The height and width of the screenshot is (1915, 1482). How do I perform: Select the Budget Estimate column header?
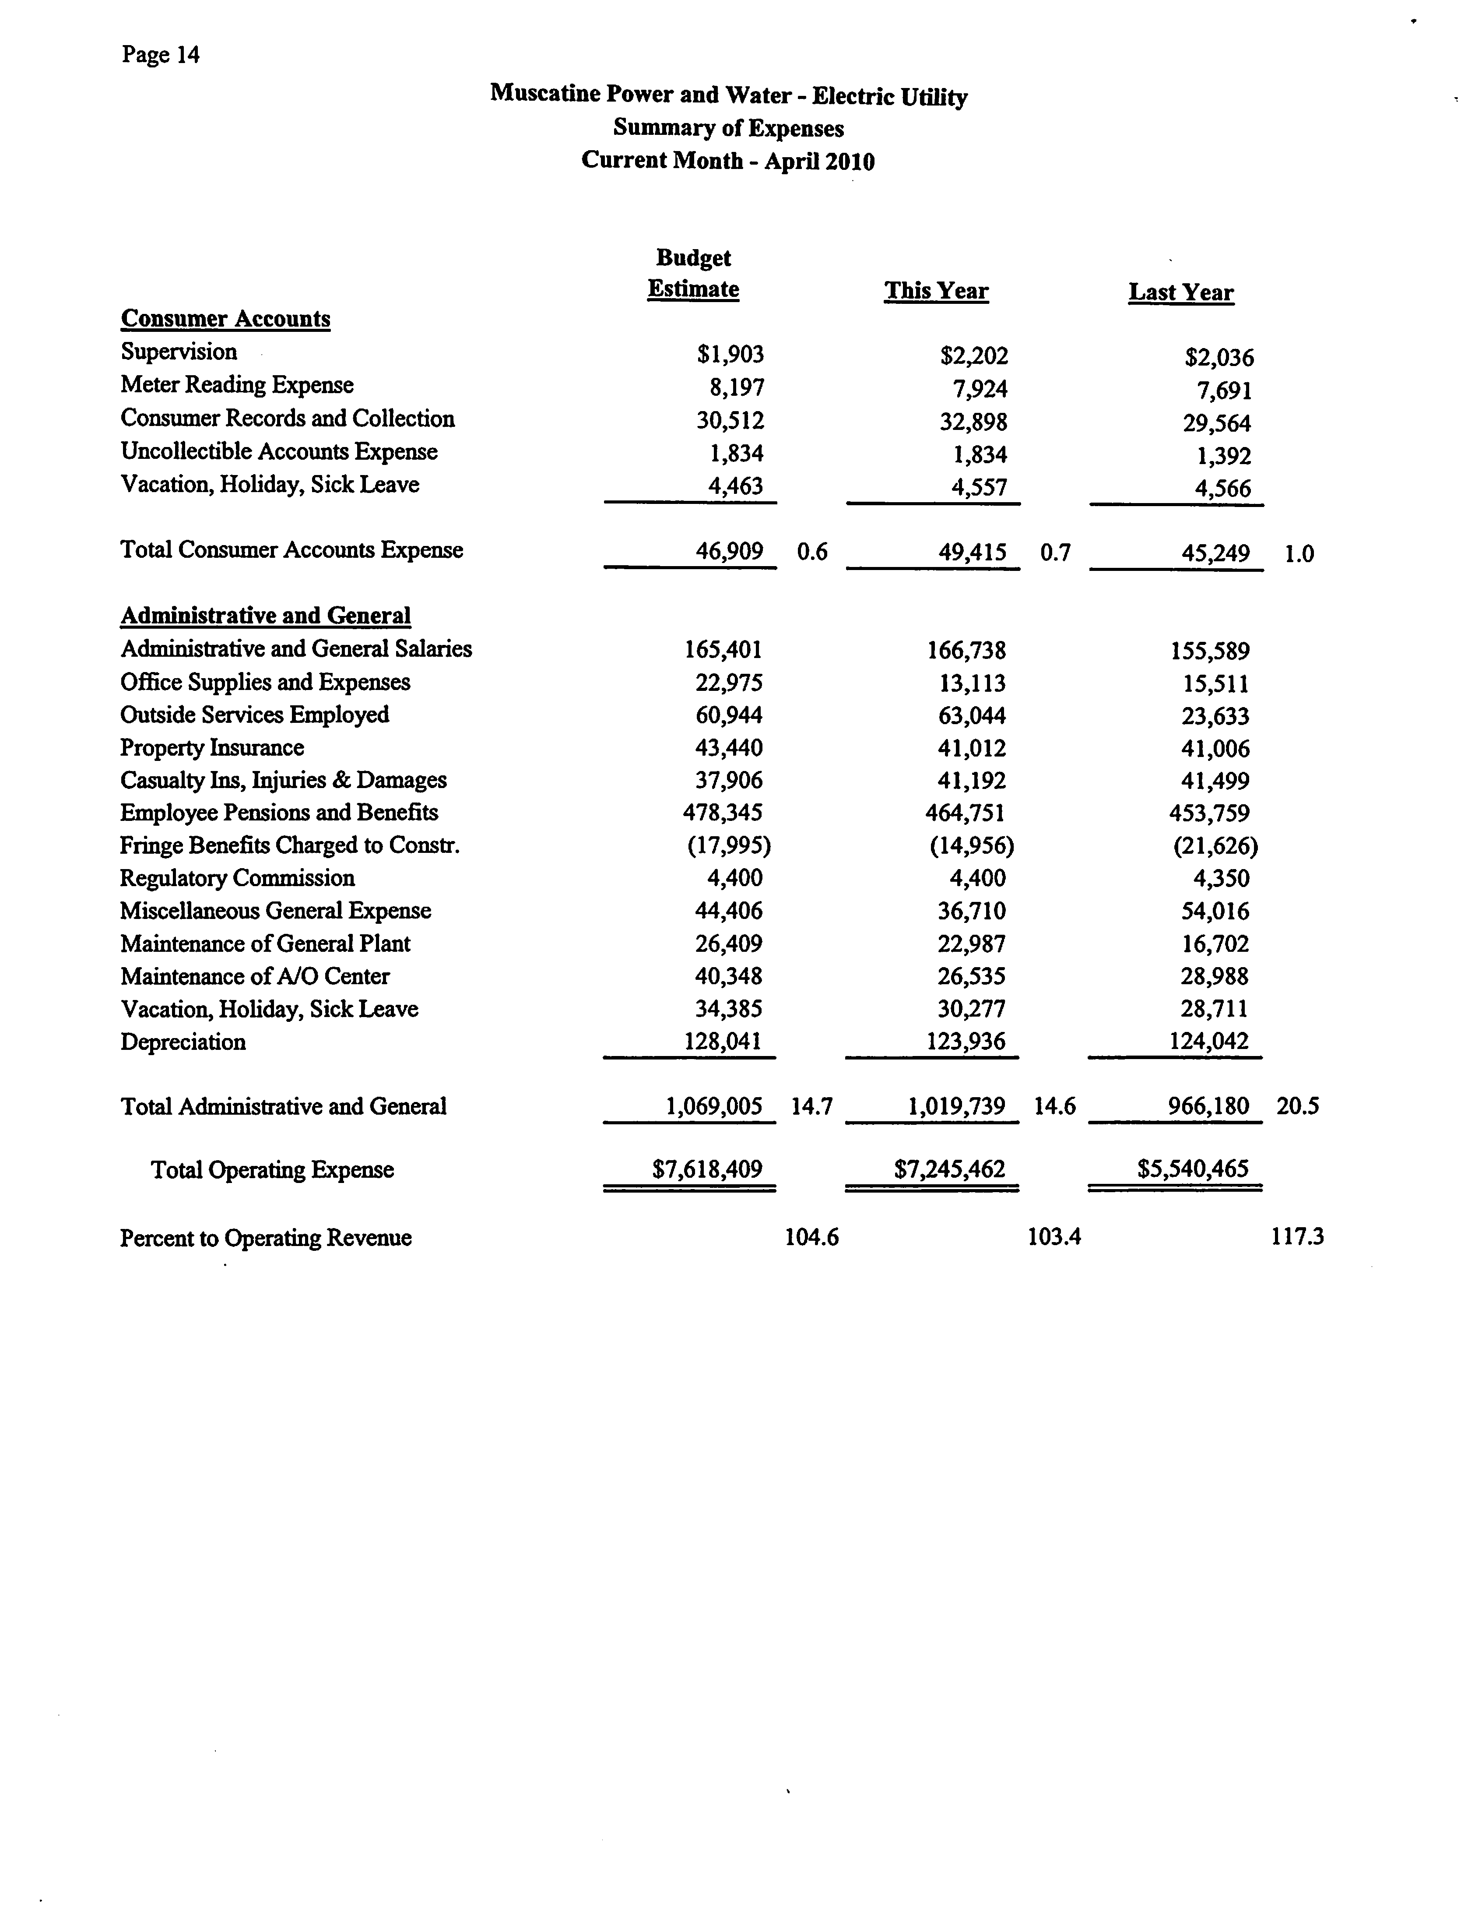(693, 274)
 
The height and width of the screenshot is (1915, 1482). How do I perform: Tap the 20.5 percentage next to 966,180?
(1297, 1106)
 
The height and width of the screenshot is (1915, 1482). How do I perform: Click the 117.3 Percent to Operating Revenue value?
(1297, 1237)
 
